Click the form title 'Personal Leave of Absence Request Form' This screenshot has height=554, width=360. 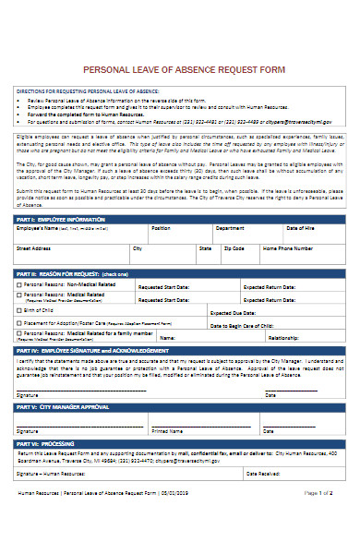(180, 69)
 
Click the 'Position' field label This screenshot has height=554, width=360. (161, 227)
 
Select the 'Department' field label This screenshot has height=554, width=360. (230, 227)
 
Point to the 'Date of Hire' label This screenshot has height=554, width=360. (302, 227)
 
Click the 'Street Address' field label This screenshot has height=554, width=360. (34, 247)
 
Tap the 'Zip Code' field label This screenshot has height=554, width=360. (234, 247)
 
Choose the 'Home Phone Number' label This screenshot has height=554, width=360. (288, 247)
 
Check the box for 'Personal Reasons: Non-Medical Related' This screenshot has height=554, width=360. (18, 285)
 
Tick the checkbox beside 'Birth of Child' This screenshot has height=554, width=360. (18, 311)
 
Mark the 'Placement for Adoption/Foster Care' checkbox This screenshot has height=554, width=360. (18, 324)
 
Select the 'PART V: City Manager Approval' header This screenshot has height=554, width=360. (56, 406)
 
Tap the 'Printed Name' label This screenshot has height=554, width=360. (167, 430)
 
